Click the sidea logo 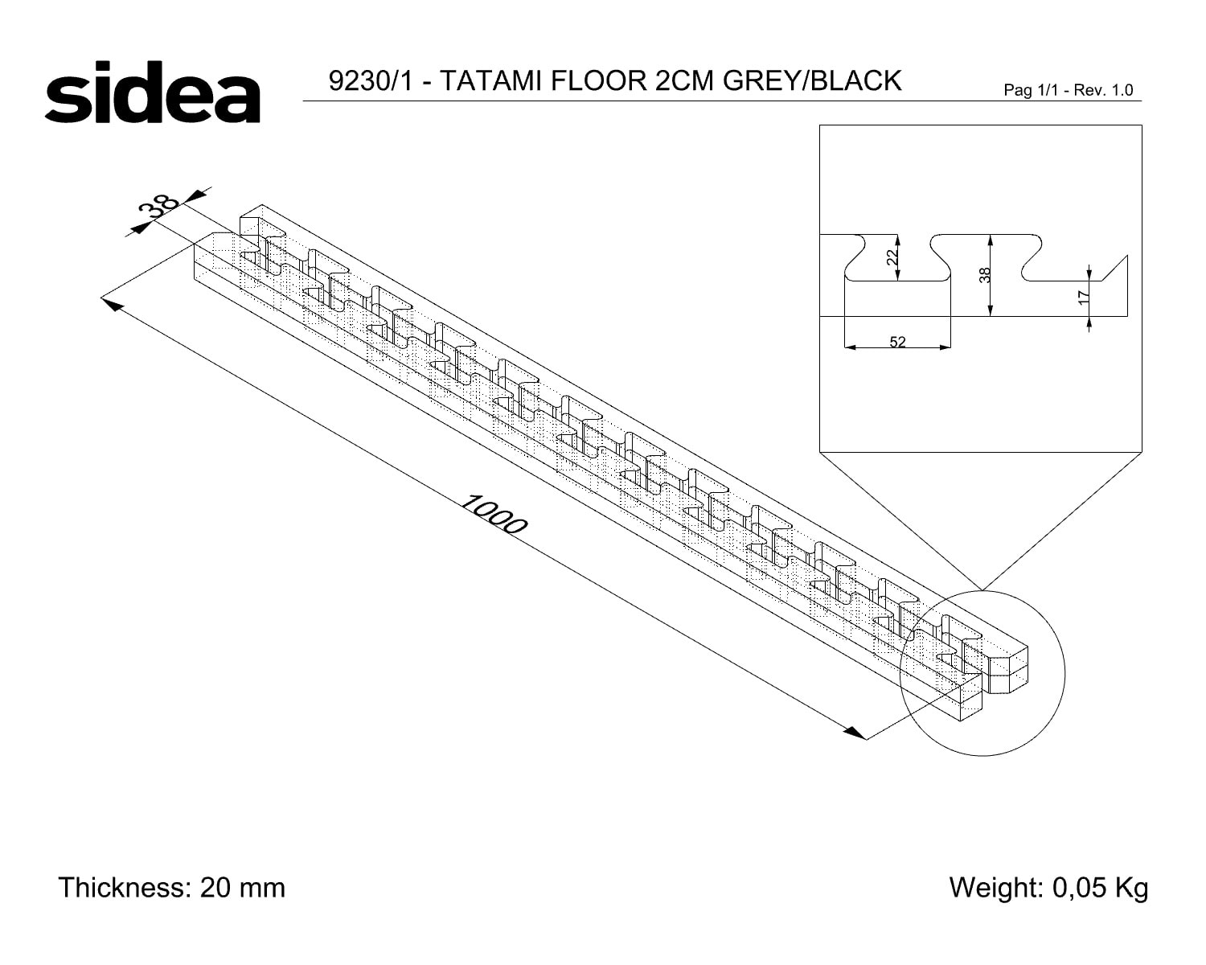153,92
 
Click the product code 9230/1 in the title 371,80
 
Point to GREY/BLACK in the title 813,80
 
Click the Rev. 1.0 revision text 1103,90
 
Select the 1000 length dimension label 494,515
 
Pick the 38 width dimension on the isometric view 158,206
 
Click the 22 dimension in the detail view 892,257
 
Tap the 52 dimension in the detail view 898,342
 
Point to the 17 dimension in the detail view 1084,297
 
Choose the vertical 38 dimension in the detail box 985,275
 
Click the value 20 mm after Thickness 242,888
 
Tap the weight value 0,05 1077,888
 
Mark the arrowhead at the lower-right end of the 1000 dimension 855,733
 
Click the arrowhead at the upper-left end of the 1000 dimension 113,304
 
